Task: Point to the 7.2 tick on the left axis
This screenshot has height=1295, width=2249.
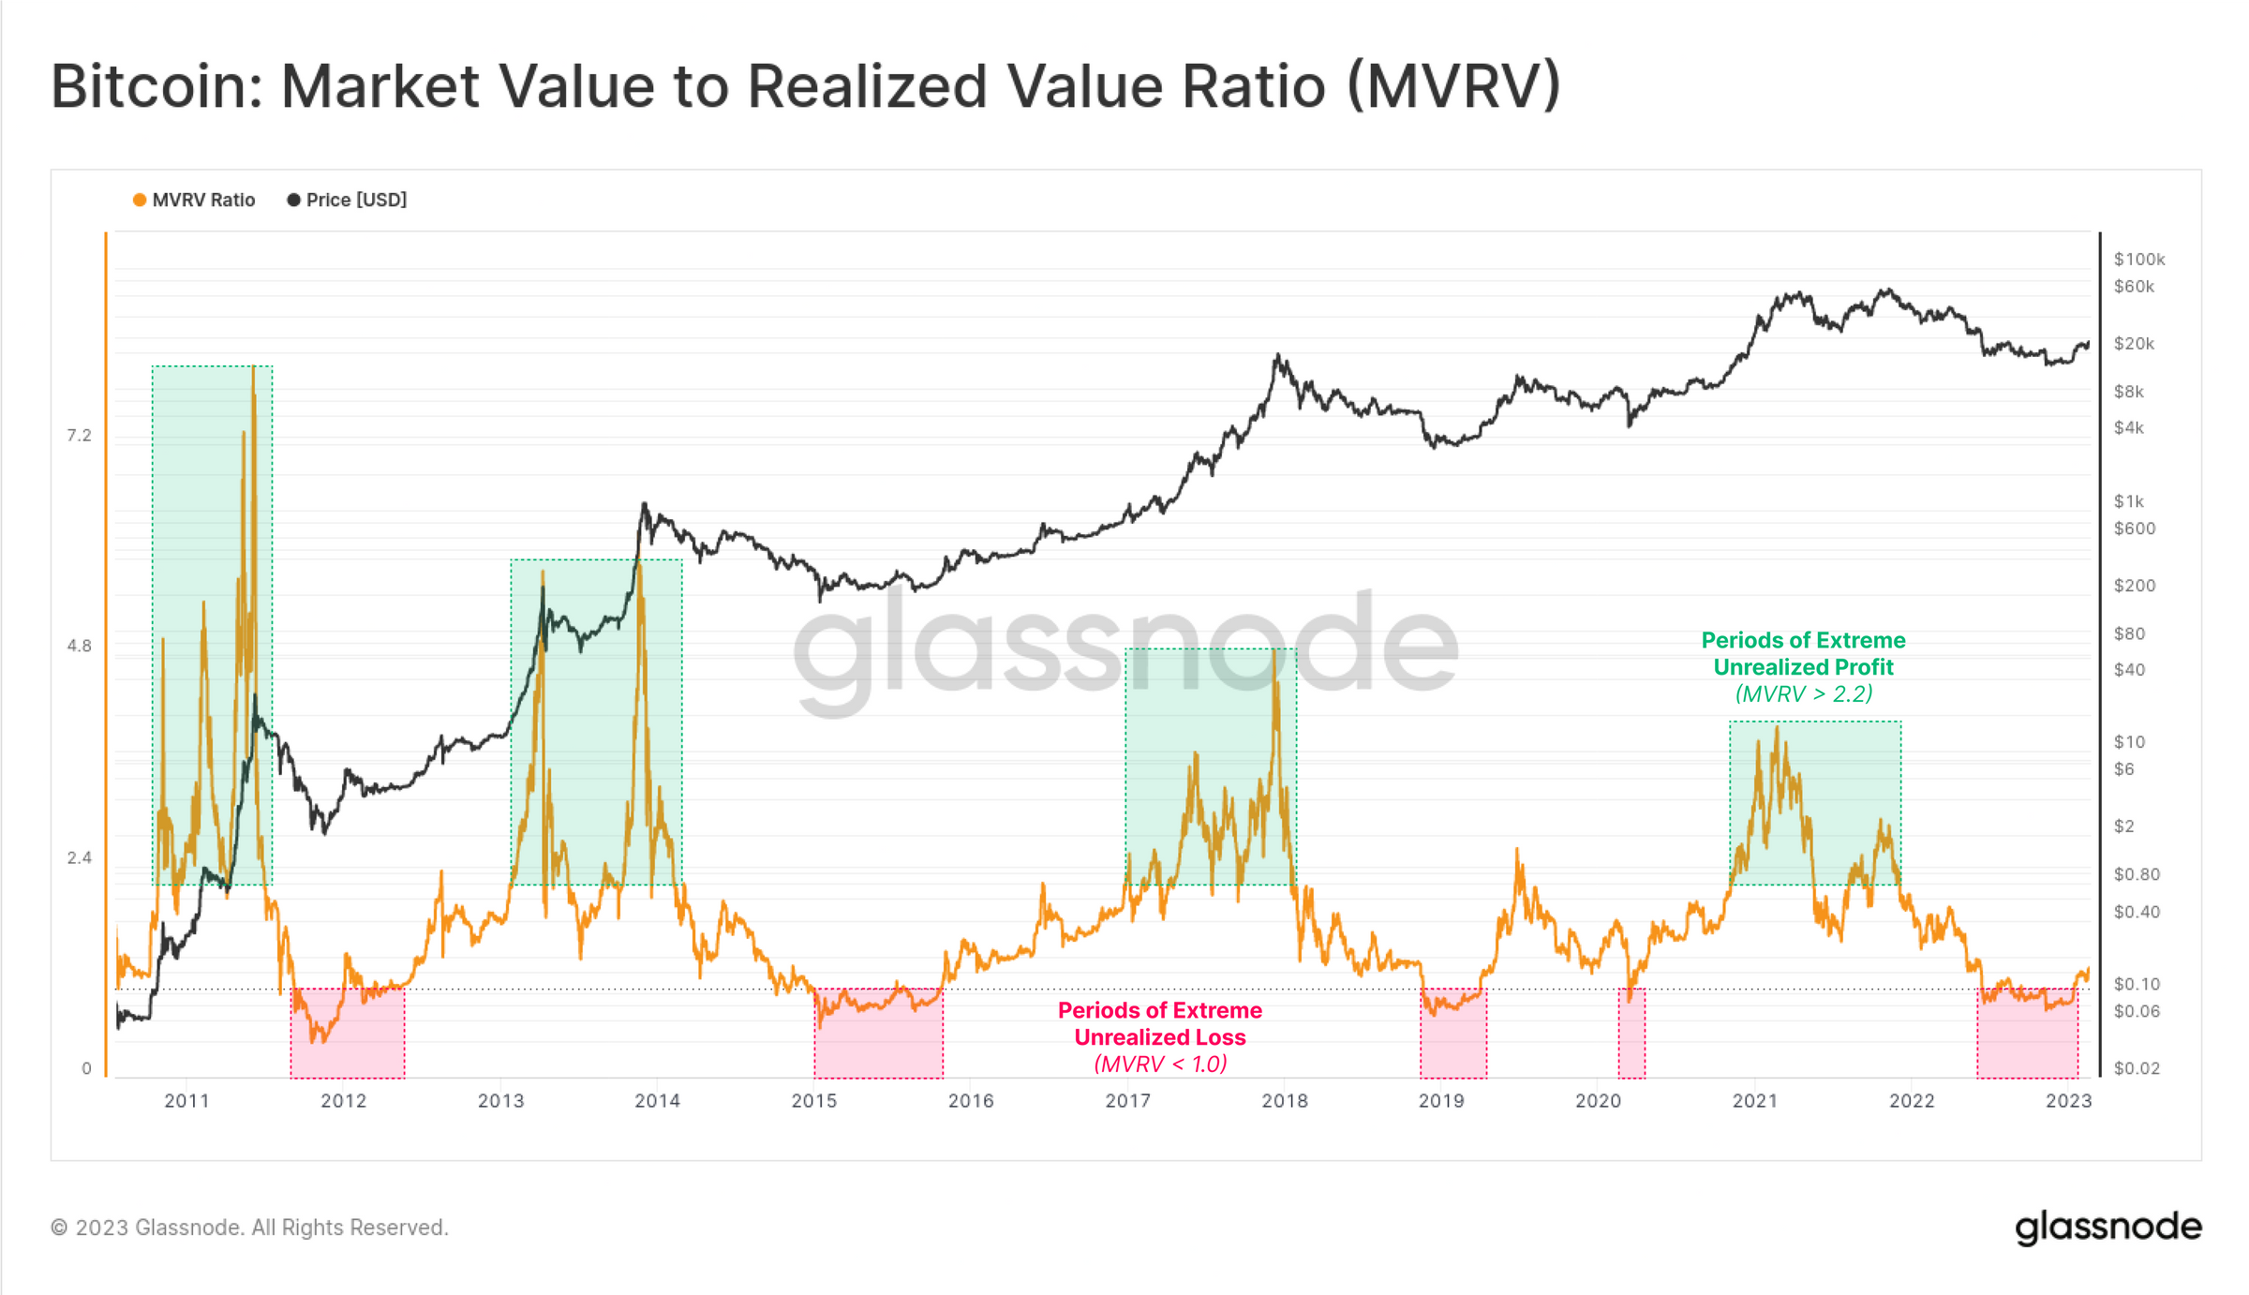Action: pyautogui.click(x=79, y=435)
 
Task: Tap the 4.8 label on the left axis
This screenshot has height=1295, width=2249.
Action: pyautogui.click(x=79, y=646)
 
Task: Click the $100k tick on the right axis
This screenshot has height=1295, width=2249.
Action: pyautogui.click(x=2138, y=259)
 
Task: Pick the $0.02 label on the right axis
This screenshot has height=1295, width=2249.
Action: pyautogui.click(x=2136, y=1068)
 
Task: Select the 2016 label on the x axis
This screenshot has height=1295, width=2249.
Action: pyautogui.click(x=971, y=1101)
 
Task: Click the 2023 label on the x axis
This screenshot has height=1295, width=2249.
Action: pyautogui.click(x=2068, y=1101)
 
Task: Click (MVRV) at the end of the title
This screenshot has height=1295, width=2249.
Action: pyautogui.click(x=1453, y=86)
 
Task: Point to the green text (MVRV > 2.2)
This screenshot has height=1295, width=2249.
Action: pyautogui.click(x=1803, y=694)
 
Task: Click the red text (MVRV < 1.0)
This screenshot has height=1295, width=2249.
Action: pyautogui.click(x=1160, y=1064)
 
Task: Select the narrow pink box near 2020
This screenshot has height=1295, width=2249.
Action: pyautogui.click(x=1631, y=1033)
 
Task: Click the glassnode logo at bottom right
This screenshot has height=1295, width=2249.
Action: pyautogui.click(x=2108, y=1227)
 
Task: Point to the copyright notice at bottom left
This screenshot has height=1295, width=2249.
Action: pyautogui.click(x=249, y=1228)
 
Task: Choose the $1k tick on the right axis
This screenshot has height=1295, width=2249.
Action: pyautogui.click(x=2128, y=501)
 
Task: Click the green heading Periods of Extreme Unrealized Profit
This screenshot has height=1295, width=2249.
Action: pyautogui.click(x=1803, y=654)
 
